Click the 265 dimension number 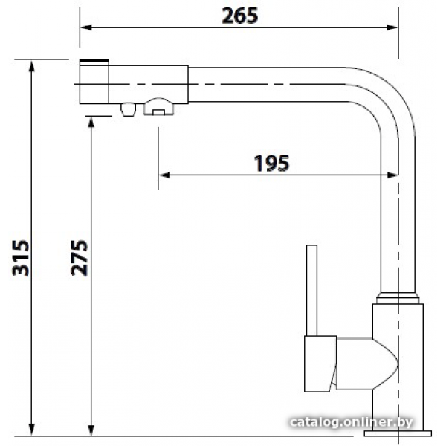pyautogui.click(x=240, y=16)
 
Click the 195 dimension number pyautogui.click(x=271, y=163)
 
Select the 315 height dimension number pyautogui.click(x=21, y=258)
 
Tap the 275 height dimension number pyautogui.click(x=80, y=258)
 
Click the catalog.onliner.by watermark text pyautogui.click(x=351, y=422)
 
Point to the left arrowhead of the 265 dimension pyautogui.click(x=86, y=28)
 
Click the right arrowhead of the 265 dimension pyautogui.click(x=392, y=28)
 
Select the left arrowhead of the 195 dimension pyautogui.click(x=164, y=175)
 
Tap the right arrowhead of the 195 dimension pyautogui.click(x=392, y=175)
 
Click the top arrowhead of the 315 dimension pyautogui.click(x=32, y=66)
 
